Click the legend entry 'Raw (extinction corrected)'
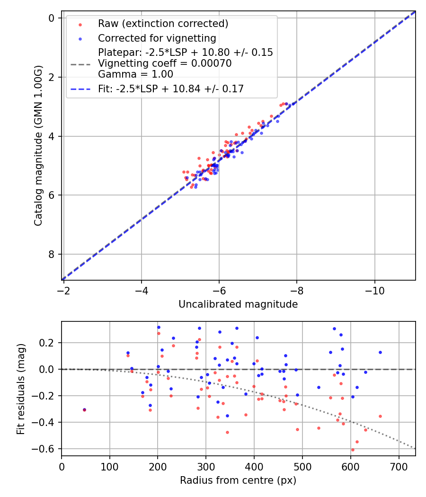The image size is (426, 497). click(163, 24)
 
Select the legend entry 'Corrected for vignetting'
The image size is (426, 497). click(157, 38)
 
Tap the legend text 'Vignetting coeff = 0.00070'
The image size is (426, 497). click(165, 63)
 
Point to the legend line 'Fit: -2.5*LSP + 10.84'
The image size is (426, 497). click(171, 89)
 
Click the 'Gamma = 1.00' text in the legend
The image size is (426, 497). click(135, 74)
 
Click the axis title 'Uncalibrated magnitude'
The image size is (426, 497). click(238, 304)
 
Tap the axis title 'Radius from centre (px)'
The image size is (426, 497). click(238, 480)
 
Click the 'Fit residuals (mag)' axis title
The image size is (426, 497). click(20, 389)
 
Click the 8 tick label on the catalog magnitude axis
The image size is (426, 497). click(52, 255)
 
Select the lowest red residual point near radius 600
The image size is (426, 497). click(353, 450)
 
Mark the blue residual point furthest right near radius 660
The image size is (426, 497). click(380, 352)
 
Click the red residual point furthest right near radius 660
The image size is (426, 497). click(380, 417)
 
